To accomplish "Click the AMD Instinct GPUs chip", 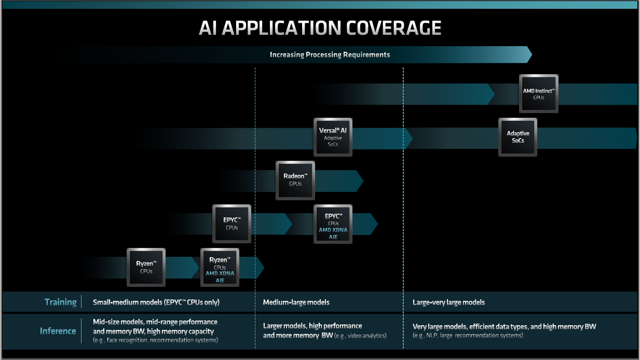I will (539, 93).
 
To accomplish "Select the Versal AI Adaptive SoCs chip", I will (333, 137).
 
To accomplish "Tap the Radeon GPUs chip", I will (295, 180).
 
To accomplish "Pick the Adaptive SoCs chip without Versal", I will (518, 137).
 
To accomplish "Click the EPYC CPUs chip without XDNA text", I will (232, 224).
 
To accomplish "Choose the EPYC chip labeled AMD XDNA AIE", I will (333, 224).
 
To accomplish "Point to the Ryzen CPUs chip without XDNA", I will (146, 267).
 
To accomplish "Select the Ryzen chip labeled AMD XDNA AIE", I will (220, 267).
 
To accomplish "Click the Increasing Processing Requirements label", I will (330, 54).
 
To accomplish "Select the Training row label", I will (60, 302).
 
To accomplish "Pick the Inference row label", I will (58, 331).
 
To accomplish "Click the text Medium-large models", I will (296, 302).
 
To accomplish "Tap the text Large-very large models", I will (448, 302).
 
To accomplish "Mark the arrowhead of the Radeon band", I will (360, 180).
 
